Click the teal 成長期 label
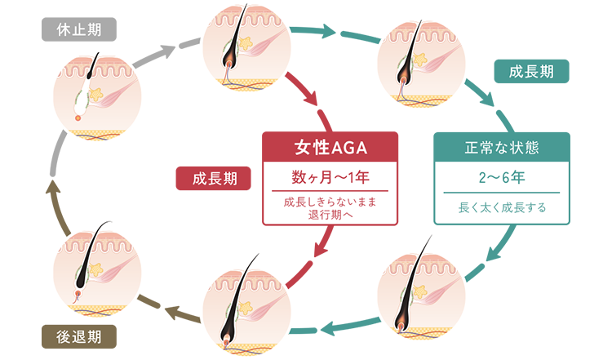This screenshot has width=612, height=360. (x=530, y=72)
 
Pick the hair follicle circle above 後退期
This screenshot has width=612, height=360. (x=96, y=265)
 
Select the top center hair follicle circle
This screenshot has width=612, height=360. (x=247, y=47)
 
